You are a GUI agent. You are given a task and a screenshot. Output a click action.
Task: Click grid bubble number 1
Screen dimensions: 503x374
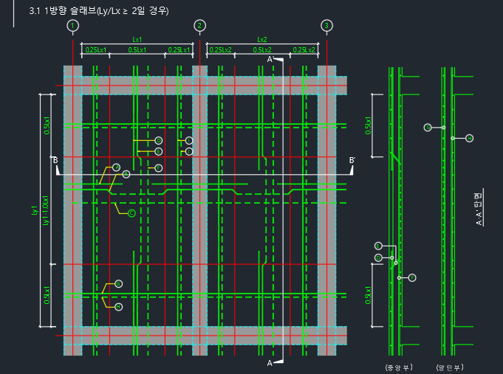pyautogui.click(x=72, y=26)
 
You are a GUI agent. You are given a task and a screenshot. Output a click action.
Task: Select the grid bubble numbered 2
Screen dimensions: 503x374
pyautogui.click(x=200, y=26)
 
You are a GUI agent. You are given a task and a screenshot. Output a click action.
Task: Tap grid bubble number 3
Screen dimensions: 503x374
pyautogui.click(x=326, y=26)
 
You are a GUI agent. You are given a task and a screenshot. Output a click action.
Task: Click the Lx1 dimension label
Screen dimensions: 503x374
pyautogui.click(x=137, y=39)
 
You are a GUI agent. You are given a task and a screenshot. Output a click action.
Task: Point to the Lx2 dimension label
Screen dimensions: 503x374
pyautogui.click(x=262, y=39)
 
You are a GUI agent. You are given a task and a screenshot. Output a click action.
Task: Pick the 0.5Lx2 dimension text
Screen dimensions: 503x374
pyautogui.click(x=262, y=50)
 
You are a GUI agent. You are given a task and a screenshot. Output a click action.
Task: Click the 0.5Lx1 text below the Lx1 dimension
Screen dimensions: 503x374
pyautogui.click(x=137, y=50)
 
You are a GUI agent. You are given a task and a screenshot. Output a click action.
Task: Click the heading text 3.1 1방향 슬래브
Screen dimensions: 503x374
pyautogui.click(x=97, y=11)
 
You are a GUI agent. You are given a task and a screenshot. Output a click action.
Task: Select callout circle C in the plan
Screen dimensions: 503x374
pyautogui.click(x=131, y=213)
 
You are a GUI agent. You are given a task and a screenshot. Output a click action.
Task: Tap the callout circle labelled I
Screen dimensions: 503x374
pyautogui.click(x=189, y=140)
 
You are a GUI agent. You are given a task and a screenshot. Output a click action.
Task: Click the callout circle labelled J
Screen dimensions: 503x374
pyautogui.click(x=189, y=151)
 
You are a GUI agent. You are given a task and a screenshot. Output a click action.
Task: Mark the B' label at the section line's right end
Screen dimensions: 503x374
pyautogui.click(x=352, y=160)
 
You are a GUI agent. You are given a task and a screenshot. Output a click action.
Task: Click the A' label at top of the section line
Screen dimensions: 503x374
pyautogui.click(x=270, y=58)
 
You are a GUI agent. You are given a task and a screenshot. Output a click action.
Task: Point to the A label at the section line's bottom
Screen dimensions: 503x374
pyautogui.click(x=270, y=363)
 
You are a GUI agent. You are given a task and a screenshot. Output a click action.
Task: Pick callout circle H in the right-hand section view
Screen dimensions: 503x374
pyautogui.click(x=470, y=138)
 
